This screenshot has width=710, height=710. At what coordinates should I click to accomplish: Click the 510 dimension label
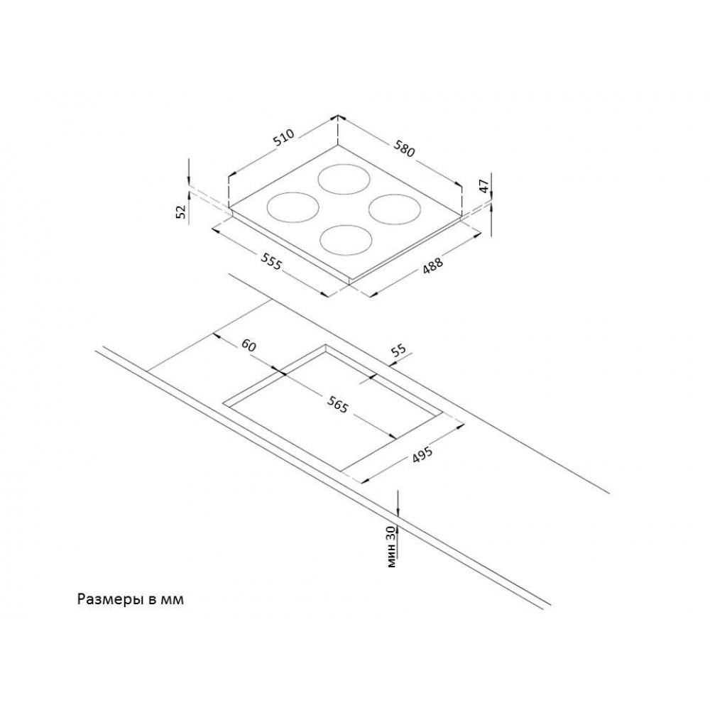[285, 138]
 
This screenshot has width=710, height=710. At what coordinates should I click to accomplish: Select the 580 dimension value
[404, 148]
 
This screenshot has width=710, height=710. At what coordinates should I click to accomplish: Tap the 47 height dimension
[484, 186]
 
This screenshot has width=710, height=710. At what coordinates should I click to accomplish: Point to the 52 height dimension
[181, 212]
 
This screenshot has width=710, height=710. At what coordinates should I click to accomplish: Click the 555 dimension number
[271, 261]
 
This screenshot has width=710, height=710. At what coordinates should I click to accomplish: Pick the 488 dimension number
[432, 265]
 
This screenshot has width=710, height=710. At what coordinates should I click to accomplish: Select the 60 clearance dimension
[248, 346]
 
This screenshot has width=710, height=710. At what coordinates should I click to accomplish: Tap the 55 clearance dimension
[398, 351]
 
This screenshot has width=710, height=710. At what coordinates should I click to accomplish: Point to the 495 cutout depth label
[422, 454]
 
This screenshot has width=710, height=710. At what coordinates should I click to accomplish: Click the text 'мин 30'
[392, 547]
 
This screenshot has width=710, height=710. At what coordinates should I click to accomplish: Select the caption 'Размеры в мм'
[131, 599]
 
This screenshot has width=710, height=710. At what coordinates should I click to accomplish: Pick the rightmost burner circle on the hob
[395, 195]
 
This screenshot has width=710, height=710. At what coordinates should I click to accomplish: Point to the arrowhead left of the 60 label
[216, 337]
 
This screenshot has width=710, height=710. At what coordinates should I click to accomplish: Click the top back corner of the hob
[338, 146]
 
